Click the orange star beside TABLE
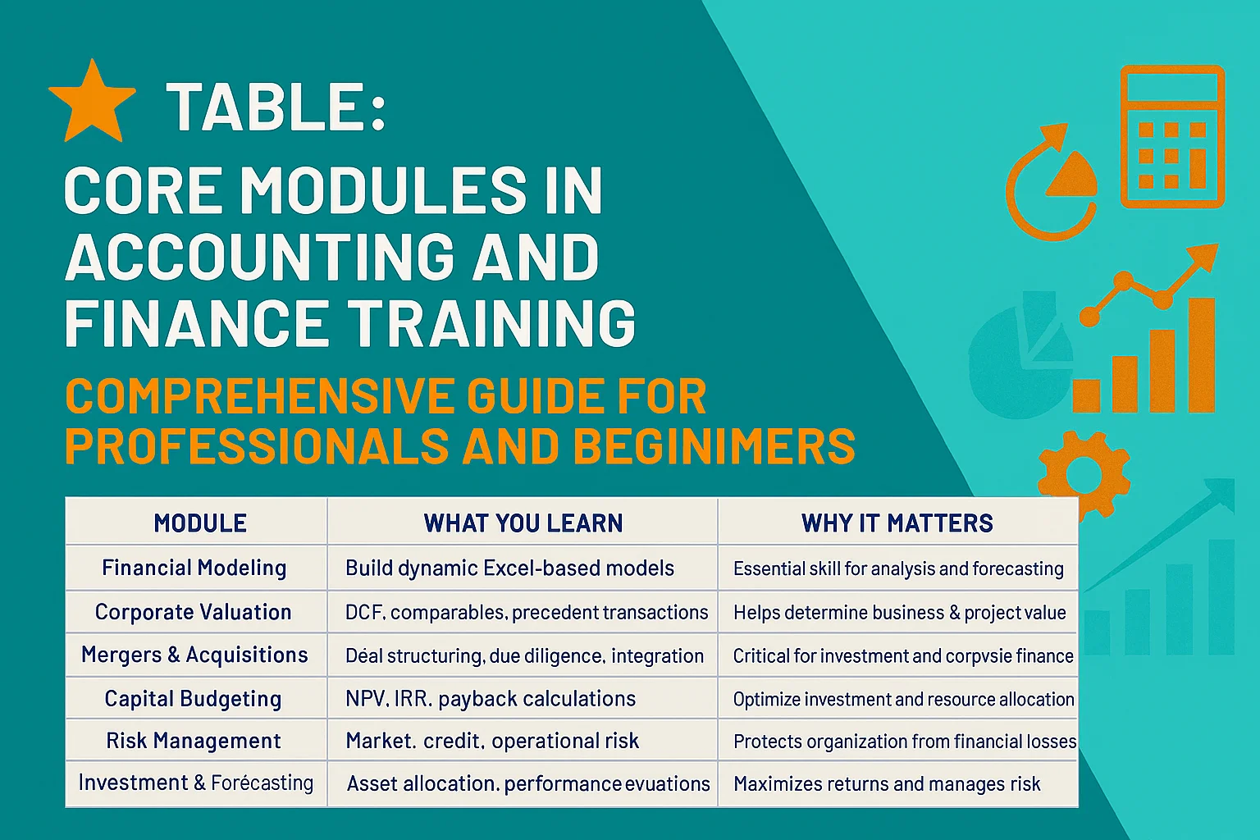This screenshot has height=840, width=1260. [x=92, y=102]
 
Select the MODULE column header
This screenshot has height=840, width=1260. [x=200, y=523]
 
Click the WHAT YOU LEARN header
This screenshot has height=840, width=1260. [x=523, y=523]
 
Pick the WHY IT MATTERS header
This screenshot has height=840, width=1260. [x=897, y=523]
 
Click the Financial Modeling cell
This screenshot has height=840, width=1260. [x=194, y=568]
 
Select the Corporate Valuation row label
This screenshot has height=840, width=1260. [x=194, y=612]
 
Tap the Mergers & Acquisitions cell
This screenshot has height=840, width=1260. [x=194, y=655]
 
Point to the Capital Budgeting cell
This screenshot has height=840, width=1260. [x=194, y=698]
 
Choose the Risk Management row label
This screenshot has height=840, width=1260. [x=194, y=741]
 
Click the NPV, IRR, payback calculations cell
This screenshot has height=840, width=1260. [x=491, y=699]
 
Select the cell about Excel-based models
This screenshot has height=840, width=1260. [x=509, y=568]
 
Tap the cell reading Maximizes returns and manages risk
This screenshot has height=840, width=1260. [x=887, y=784]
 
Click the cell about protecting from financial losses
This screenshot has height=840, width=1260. [x=904, y=742]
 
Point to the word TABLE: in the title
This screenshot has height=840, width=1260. [x=276, y=107]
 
